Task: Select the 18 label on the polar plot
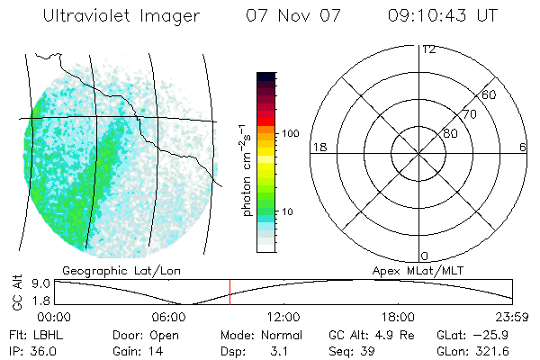[318, 147]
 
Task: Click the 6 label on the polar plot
[523, 147]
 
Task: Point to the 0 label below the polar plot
[424, 256]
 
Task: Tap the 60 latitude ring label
[489, 94]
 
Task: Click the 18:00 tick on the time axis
[398, 317]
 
